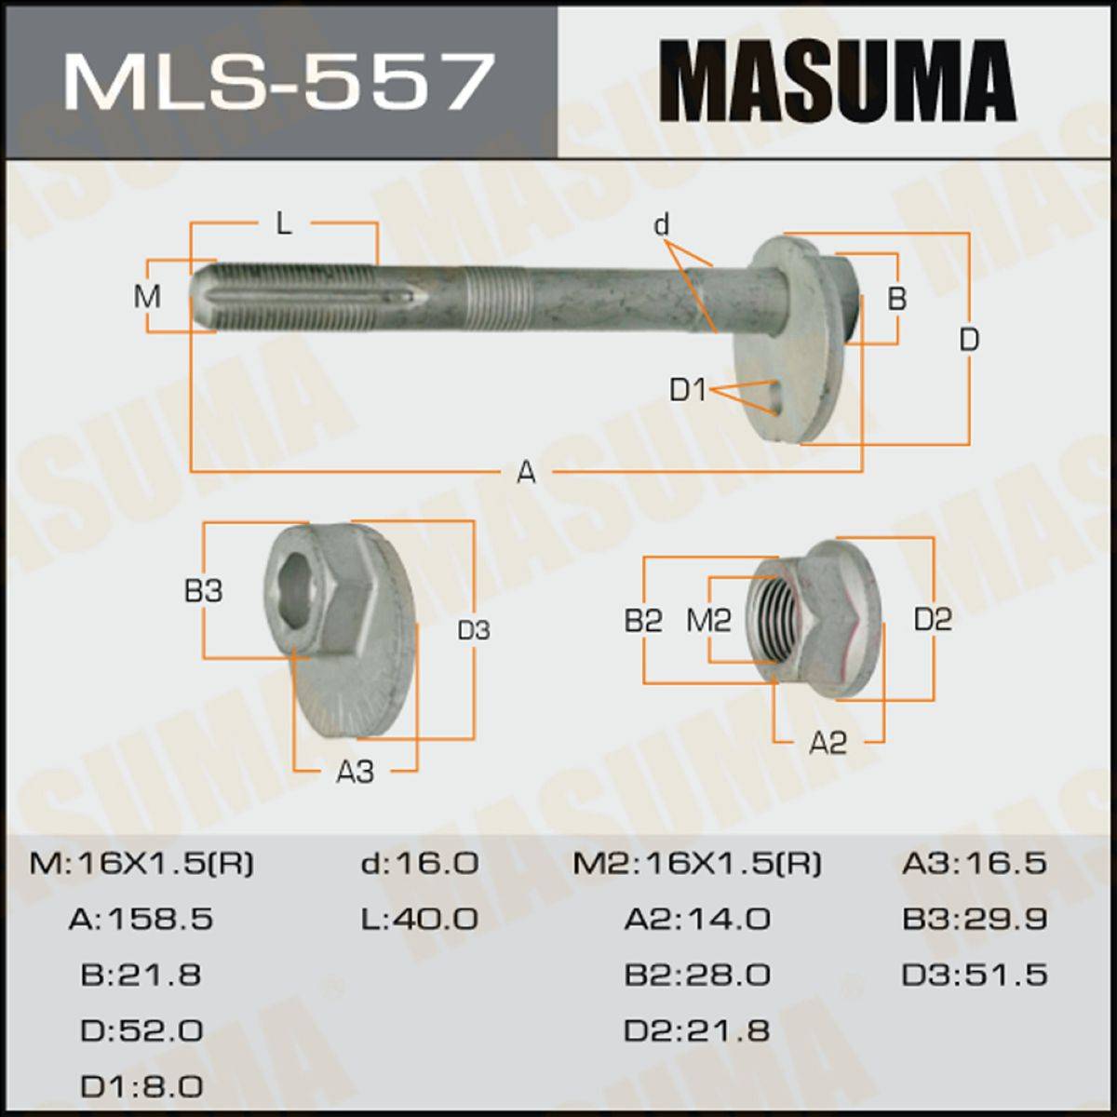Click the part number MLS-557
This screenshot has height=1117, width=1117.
tap(279, 81)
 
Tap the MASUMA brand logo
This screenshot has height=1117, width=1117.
tap(837, 81)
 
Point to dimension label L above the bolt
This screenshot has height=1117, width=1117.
tap(284, 223)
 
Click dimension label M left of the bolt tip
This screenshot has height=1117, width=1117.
tap(147, 297)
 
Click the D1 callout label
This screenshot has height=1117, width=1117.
tap(688, 389)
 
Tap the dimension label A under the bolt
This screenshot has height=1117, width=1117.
tap(526, 472)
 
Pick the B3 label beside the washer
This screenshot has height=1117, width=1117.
tap(204, 591)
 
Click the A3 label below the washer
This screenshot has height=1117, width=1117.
tap(356, 771)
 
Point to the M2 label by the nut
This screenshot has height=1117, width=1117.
tap(709, 621)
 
